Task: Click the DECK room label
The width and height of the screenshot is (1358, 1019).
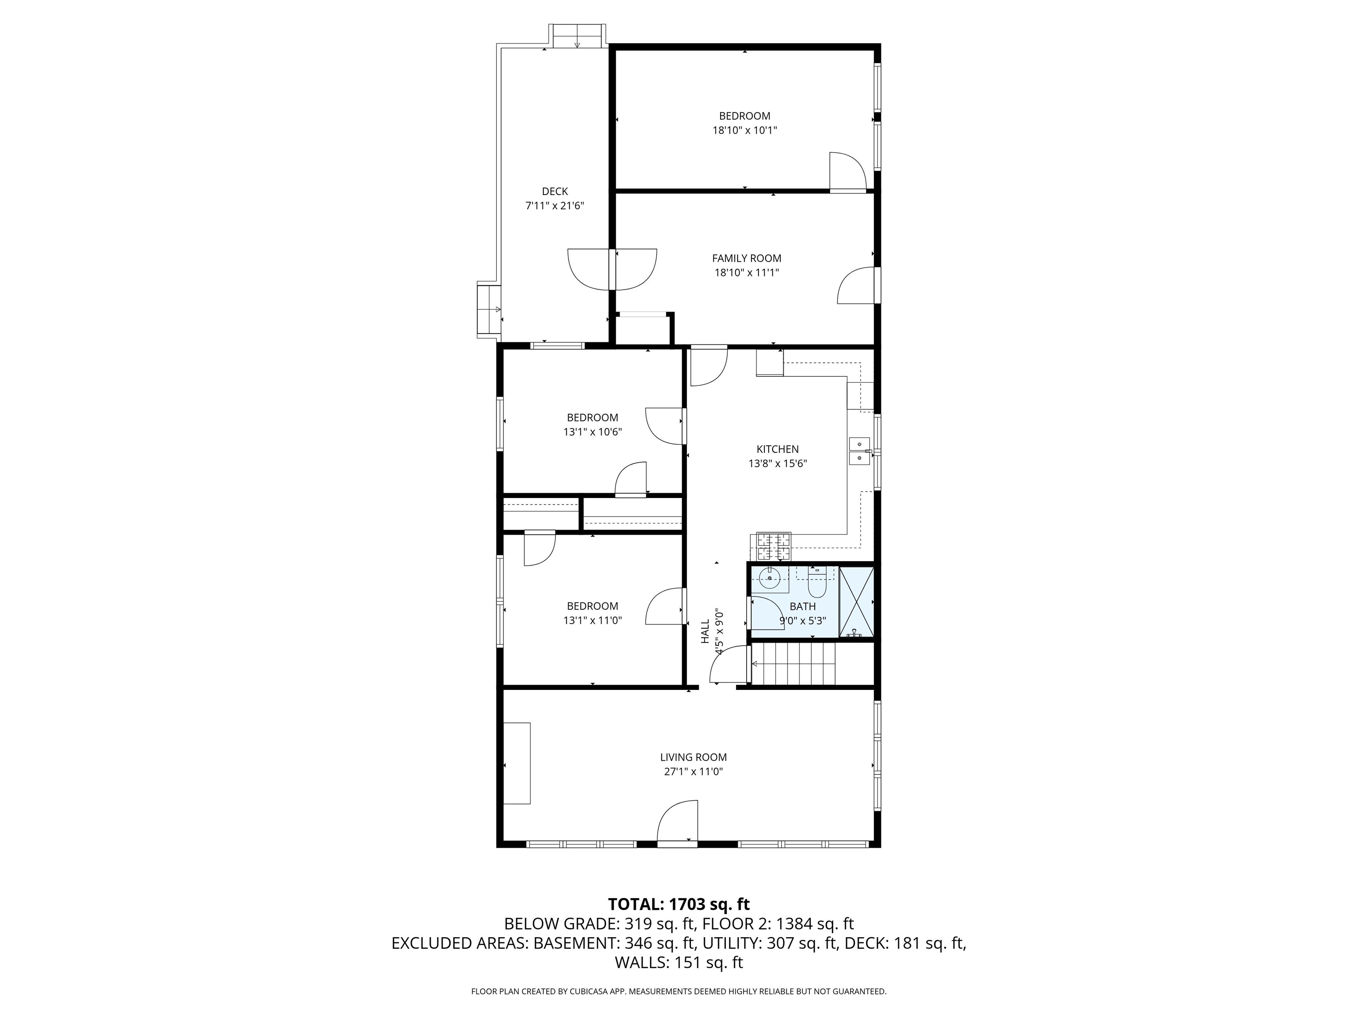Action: pos(554,192)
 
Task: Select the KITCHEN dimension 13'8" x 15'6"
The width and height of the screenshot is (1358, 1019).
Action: pos(777,464)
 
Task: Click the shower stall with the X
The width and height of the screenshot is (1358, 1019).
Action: pos(856,602)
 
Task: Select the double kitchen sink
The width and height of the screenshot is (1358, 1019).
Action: pos(859,451)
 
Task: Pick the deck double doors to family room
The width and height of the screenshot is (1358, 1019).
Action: pos(612,269)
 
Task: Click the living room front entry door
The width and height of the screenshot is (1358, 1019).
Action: pos(677,823)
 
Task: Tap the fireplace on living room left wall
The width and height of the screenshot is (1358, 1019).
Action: pos(517,763)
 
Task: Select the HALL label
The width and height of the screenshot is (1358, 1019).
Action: pos(705,632)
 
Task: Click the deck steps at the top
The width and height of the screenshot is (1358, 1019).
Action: pos(576,36)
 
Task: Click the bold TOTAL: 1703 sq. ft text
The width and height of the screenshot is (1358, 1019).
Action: pos(679,904)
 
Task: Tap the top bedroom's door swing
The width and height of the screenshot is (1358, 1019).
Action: pos(847,172)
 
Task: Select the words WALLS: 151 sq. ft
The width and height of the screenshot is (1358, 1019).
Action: pos(679,962)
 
